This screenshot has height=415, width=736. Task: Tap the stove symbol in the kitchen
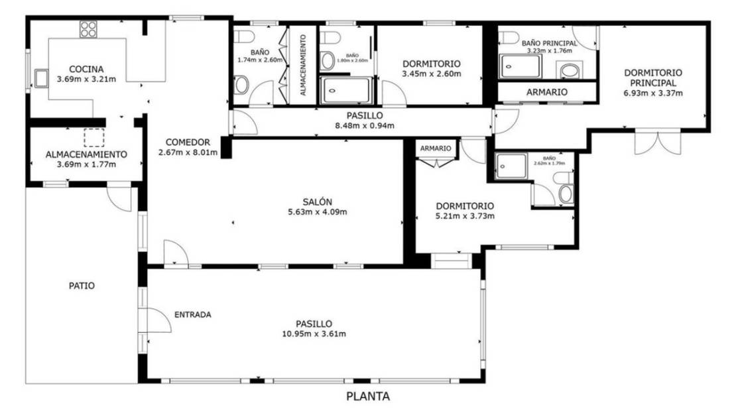(x=89, y=29)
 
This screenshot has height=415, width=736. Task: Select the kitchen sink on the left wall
(x=42, y=78)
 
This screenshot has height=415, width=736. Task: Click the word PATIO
(x=82, y=286)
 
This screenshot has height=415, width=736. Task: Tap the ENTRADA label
(x=192, y=314)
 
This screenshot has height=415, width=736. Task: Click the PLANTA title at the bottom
(x=368, y=397)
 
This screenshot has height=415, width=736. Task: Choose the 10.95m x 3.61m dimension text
(x=314, y=333)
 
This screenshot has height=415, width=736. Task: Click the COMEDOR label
(x=188, y=142)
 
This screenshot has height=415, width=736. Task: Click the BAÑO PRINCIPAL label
(x=548, y=43)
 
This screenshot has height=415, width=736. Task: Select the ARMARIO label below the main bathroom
(x=546, y=92)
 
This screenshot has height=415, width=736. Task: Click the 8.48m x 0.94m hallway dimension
(x=365, y=126)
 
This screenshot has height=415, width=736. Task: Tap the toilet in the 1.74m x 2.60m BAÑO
(x=241, y=84)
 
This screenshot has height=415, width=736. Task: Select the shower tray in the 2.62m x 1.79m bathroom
(x=511, y=163)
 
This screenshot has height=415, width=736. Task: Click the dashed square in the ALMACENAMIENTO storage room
(x=94, y=137)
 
